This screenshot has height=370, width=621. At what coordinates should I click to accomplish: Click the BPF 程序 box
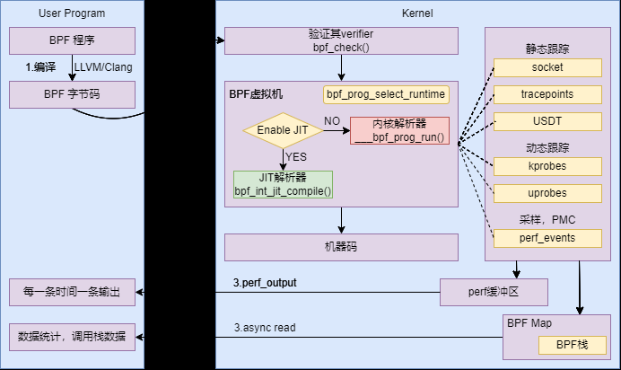tap(72, 40)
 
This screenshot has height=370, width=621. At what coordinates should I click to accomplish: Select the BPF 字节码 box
tap(72, 94)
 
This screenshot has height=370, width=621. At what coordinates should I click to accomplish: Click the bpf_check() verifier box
tap(340, 40)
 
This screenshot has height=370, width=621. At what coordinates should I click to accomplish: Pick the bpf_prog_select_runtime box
tap(386, 94)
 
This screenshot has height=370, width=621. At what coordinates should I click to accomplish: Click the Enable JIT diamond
tap(283, 131)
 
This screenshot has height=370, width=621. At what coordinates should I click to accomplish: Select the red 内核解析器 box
tap(399, 131)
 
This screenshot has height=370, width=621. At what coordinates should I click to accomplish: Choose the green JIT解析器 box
tap(283, 184)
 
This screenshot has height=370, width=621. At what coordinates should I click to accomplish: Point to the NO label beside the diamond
tap(332, 121)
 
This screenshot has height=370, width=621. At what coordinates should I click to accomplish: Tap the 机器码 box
tap(340, 247)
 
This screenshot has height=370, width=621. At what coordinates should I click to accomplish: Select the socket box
tap(547, 67)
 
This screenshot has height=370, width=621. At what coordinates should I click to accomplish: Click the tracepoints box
tap(547, 94)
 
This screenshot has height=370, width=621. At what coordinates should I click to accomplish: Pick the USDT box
tap(547, 121)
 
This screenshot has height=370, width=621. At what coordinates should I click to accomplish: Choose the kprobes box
tap(547, 166)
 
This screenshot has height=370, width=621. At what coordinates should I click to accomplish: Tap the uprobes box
tap(547, 193)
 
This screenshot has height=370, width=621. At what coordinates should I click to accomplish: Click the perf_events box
tap(547, 238)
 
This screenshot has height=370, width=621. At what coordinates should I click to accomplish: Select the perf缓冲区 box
tap(493, 292)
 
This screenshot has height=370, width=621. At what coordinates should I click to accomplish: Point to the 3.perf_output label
tap(265, 283)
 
